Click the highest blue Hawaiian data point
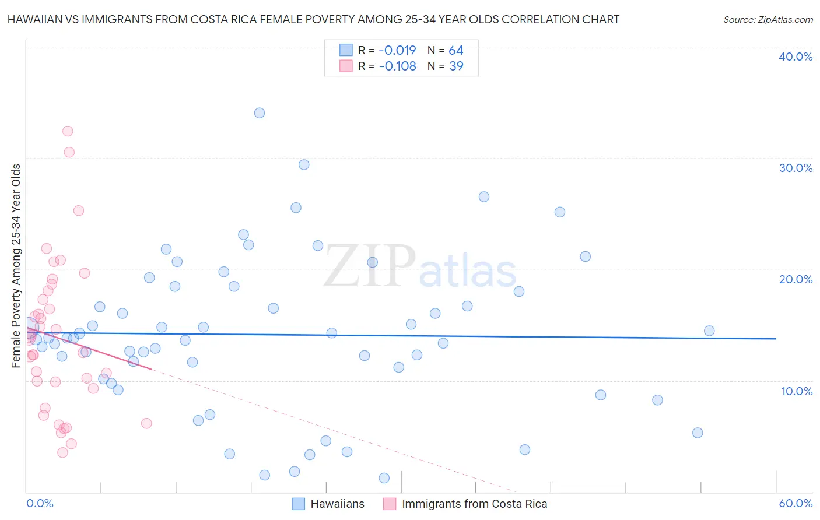tap(260, 113)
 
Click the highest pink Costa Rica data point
tap(68, 131)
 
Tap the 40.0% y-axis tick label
tap(796, 57)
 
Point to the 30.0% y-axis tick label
tap(796, 168)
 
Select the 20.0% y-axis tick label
tap(796, 279)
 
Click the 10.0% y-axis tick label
tap(797, 391)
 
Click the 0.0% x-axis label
tap(40, 503)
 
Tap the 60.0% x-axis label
tap(796, 503)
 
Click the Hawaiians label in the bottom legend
tap(337, 504)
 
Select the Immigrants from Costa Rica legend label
tap(474, 504)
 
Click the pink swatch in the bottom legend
tap(390, 504)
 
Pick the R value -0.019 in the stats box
tap(397, 51)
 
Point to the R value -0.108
tap(397, 66)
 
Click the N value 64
tap(456, 51)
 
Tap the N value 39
tap(456, 66)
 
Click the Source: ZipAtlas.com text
tap(768, 20)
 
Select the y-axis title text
tap(16, 266)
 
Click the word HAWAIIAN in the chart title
tap(33, 20)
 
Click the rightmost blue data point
tap(709, 331)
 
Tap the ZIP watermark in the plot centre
tap(370, 267)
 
